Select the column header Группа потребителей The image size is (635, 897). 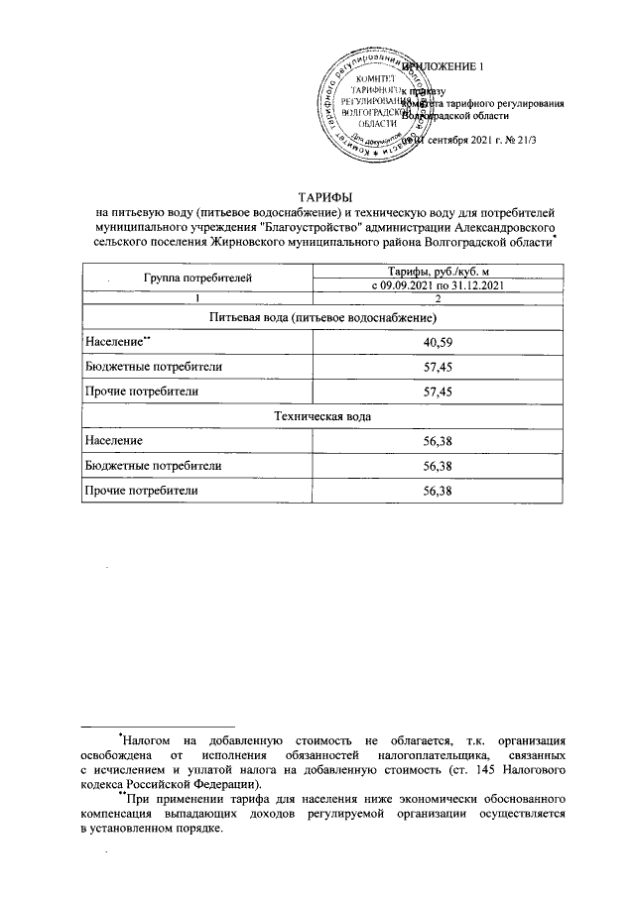tap(197, 280)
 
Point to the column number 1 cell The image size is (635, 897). tap(197, 299)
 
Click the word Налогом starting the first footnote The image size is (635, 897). tap(153, 740)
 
